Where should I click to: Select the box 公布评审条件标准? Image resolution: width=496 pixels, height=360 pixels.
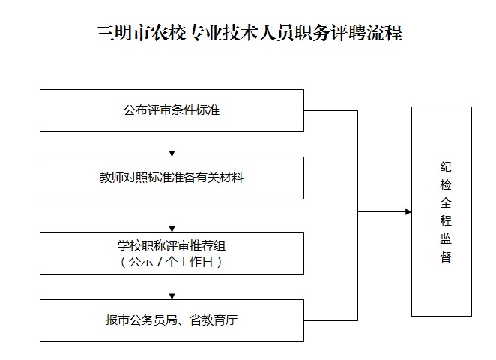coord(172,111)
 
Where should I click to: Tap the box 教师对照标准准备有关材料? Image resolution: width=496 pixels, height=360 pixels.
coord(172,178)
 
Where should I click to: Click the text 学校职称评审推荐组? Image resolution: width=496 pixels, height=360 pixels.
coord(172,245)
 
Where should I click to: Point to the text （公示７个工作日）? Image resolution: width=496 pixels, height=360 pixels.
coord(172,262)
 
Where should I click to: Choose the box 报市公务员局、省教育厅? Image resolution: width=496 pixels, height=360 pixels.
coord(172,320)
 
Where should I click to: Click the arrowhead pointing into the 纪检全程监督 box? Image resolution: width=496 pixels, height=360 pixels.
coord(408,212)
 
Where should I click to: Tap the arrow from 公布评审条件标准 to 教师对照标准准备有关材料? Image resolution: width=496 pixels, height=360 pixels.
coord(172,144)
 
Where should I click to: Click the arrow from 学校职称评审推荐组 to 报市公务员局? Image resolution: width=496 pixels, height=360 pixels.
coord(172,286)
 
